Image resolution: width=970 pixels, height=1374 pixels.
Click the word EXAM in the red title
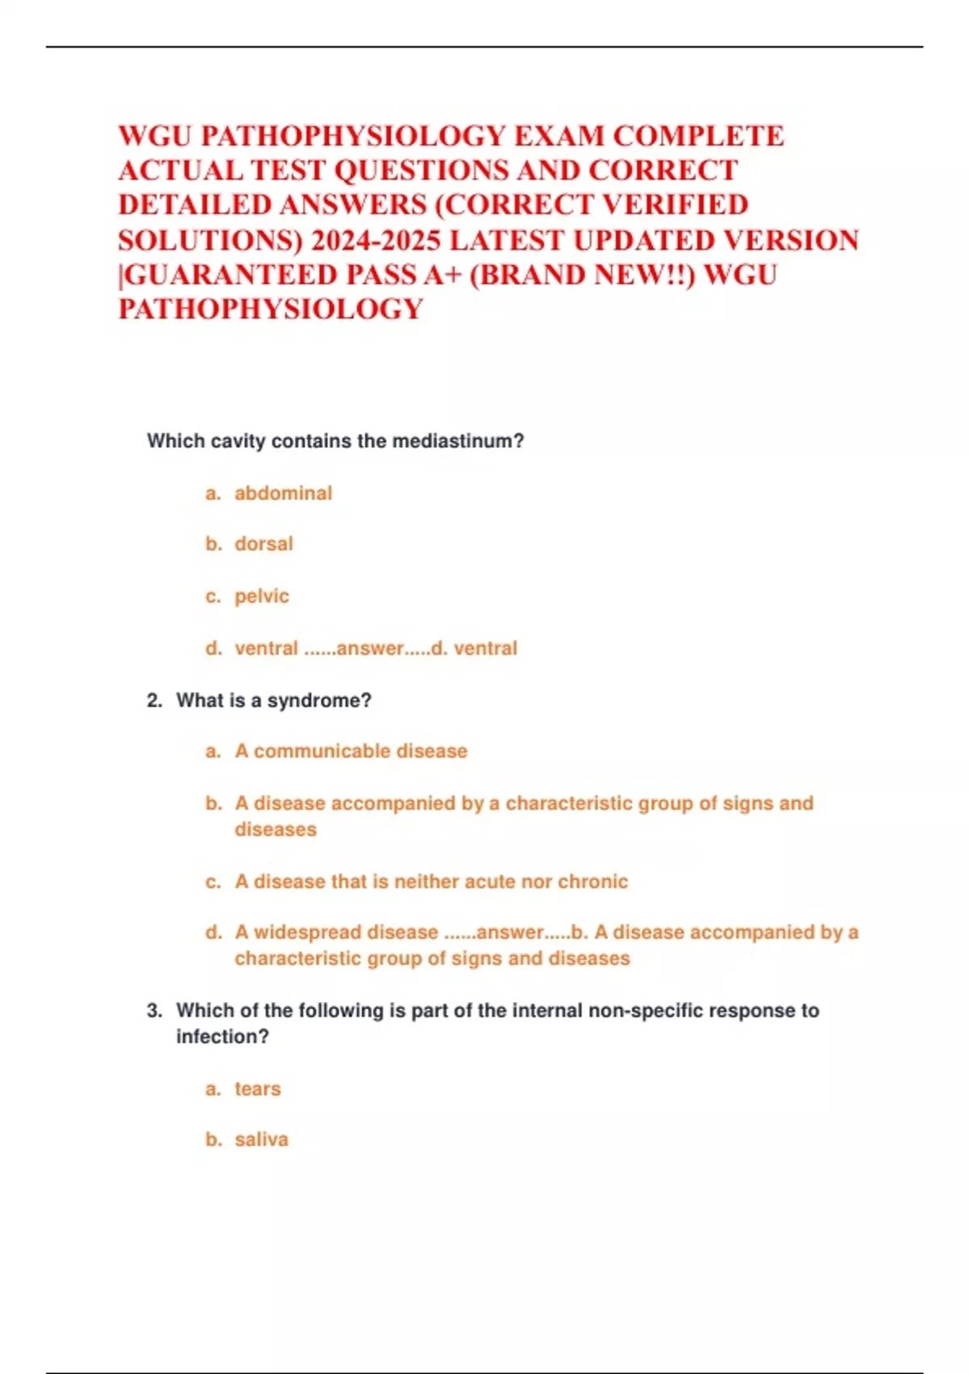coord(558,136)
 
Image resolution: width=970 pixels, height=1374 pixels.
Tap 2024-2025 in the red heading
coord(376,240)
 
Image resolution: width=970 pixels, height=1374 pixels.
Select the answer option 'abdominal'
coord(283,493)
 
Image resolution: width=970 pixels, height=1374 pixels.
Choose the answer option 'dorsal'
coord(264,544)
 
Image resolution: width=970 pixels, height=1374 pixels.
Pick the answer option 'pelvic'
coord(261,596)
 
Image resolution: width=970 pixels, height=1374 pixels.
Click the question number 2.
coord(154,701)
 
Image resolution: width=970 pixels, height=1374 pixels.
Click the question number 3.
coord(154,1011)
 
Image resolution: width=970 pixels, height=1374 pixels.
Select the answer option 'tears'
coord(258,1090)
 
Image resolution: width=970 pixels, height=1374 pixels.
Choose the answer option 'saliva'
coord(261,1140)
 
